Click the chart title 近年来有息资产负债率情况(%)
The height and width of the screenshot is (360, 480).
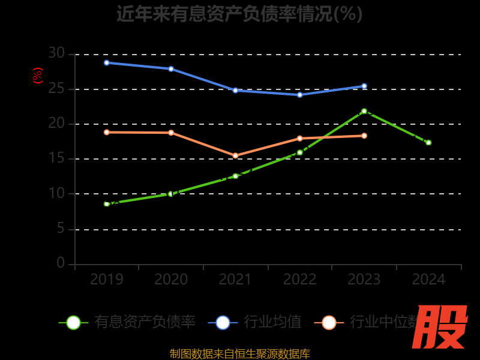(239, 13)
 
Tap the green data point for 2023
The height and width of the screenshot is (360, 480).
(364, 111)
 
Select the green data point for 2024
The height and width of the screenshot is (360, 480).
(428, 142)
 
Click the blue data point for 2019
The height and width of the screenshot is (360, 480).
(107, 62)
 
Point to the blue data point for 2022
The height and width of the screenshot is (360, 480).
(300, 95)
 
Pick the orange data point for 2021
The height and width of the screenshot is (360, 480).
(235, 155)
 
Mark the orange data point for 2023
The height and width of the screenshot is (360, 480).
(364, 136)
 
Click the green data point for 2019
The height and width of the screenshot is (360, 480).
(107, 204)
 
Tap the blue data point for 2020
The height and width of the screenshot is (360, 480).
(171, 68)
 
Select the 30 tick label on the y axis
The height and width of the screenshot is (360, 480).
(56, 53)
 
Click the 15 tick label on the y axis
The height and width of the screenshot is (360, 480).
(56, 159)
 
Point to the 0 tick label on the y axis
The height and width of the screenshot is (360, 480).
(61, 263)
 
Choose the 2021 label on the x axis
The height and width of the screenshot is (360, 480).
(235, 280)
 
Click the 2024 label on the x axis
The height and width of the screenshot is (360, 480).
(428, 280)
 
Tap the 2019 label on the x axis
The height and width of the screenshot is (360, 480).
(107, 280)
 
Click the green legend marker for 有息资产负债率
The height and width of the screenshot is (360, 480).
(73, 322)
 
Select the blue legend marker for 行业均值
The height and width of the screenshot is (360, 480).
(223, 322)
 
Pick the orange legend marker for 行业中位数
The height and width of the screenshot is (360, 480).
(329, 322)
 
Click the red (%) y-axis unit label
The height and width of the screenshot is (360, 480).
(38, 76)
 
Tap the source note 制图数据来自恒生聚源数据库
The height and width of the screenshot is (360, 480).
(239, 353)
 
